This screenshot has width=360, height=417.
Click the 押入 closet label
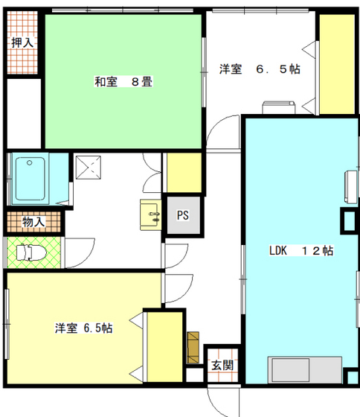[x=22, y=42]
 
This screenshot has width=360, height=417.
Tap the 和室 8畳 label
[x=123, y=82]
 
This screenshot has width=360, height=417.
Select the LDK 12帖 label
[x=300, y=251]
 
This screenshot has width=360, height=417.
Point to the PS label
[x=183, y=216]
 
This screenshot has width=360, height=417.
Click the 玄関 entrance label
[x=221, y=366]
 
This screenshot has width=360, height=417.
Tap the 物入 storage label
[x=33, y=222]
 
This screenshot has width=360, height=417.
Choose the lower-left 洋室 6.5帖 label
[x=83, y=328]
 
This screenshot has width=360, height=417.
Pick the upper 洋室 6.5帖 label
[x=259, y=69]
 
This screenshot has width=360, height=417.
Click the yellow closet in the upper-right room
[x=336, y=64]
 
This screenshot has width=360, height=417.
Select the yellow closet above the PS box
[x=183, y=173]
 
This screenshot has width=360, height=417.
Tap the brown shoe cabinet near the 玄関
[x=194, y=346]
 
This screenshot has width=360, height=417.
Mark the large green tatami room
[x=123, y=97]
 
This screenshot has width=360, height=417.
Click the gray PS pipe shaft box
[x=183, y=216]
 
